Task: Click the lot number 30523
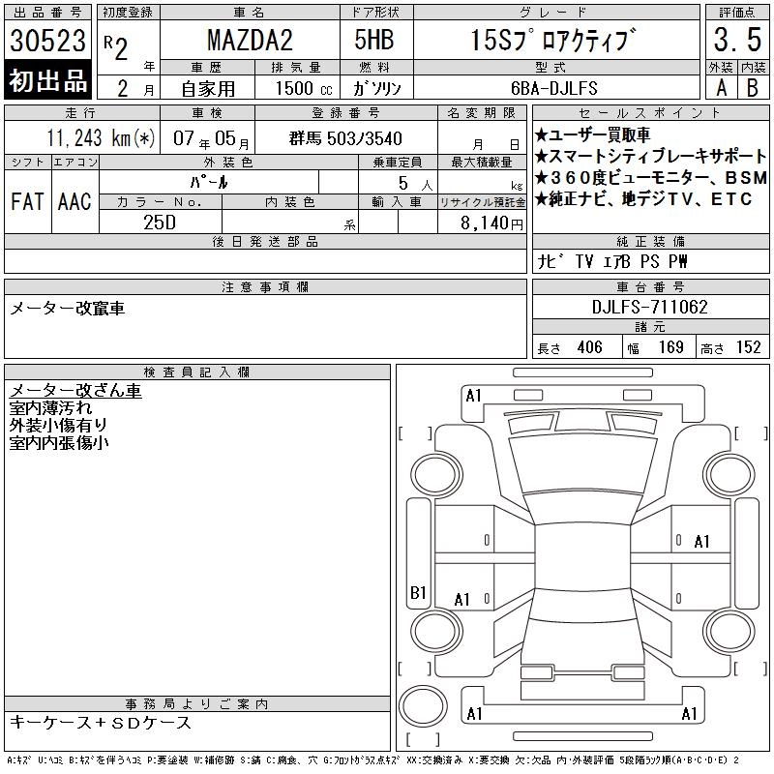pyautogui.click(x=47, y=40)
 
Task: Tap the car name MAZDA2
pyautogui.click(x=250, y=40)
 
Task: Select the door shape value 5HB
pyautogui.click(x=374, y=40)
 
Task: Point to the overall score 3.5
pyautogui.click(x=737, y=40)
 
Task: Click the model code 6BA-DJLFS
pyautogui.click(x=553, y=88)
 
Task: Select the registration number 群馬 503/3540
pyautogui.click(x=345, y=138)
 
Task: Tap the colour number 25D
pyautogui.click(x=160, y=223)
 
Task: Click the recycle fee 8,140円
pyautogui.click(x=491, y=223)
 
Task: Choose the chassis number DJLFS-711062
pyautogui.click(x=649, y=307)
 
